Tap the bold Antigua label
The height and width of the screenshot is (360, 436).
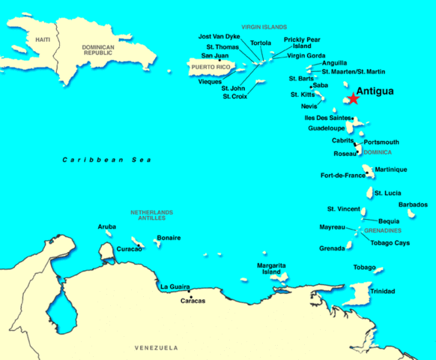point(377,91)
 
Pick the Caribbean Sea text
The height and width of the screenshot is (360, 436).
point(106,160)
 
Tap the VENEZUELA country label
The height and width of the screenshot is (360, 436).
point(156,348)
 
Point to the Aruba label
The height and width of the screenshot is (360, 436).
point(107,226)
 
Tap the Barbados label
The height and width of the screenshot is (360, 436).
point(413,205)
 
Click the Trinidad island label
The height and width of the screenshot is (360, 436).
point(382,291)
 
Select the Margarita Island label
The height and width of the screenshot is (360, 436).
point(271,268)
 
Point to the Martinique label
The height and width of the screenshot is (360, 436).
point(390,169)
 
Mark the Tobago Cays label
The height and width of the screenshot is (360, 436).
point(390,243)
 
